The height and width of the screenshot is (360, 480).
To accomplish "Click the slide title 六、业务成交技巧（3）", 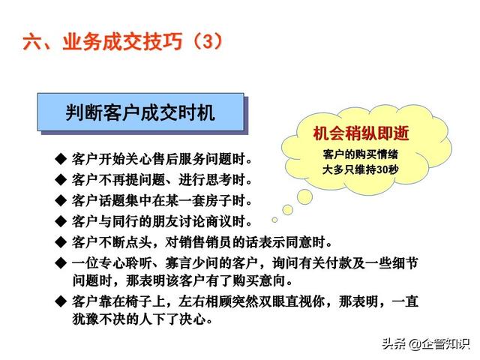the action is point(123,41).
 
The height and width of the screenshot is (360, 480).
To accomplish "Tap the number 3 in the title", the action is point(208,41).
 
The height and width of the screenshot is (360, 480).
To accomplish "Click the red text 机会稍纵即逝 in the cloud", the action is point(361,133).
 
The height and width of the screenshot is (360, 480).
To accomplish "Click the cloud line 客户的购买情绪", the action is point(360,154).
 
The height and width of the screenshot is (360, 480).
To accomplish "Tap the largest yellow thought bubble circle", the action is point(304,196).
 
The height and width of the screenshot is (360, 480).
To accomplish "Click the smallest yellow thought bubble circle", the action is point(274,220).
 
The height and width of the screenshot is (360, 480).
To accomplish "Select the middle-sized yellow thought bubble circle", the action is point(287,210).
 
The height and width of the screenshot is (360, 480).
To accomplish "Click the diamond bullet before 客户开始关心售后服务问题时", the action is point(61,159).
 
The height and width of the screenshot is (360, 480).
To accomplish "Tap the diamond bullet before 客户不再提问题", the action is point(61,180).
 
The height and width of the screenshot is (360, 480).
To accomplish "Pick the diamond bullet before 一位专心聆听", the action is point(61,263).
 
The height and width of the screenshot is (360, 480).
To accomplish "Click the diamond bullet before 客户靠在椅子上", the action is point(61,301).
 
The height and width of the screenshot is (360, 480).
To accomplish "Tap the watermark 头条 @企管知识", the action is point(425,343).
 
